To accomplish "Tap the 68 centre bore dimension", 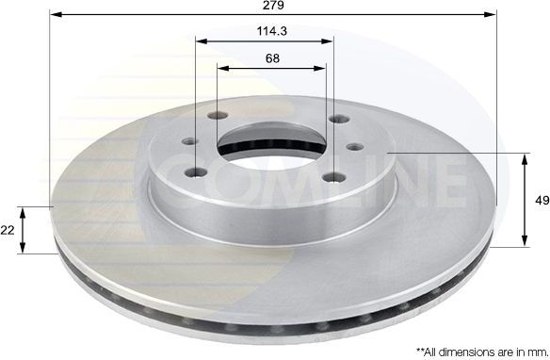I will click(271, 58).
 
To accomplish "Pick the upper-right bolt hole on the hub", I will click(337, 120).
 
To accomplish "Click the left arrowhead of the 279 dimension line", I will click(54, 14).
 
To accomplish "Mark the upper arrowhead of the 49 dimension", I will click(524, 157).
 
